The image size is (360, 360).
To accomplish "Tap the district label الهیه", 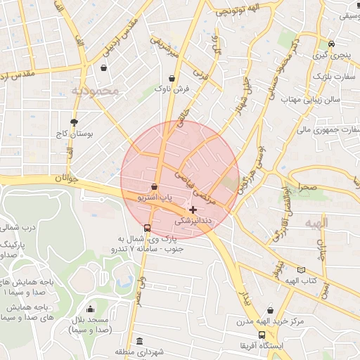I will tap(316, 223).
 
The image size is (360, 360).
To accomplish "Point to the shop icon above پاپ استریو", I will tap(154, 186).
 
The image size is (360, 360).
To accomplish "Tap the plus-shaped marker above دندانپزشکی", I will tap(193, 210).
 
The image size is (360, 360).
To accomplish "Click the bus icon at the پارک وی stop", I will tap(146, 228).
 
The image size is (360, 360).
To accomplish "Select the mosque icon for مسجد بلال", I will tap(90, 309).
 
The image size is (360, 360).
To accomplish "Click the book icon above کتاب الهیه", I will tap(302, 270).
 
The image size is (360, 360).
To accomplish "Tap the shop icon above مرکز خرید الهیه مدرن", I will tap(270, 310).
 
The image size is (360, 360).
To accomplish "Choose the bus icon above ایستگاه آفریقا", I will tap(262, 335).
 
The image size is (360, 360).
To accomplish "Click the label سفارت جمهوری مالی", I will tap(328, 130).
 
